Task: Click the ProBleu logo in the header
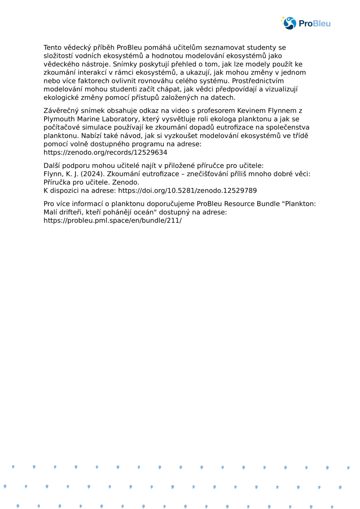(x=306, y=23)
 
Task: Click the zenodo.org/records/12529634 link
(x=105, y=152)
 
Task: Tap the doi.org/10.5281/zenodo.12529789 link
(x=187, y=190)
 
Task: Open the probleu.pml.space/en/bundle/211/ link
(x=112, y=220)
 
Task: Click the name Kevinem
(x=252, y=110)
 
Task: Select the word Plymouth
(x=59, y=119)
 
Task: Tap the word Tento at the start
(x=53, y=47)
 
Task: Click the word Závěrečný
(x=61, y=110)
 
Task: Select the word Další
(x=52, y=165)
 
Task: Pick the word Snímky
(x=125, y=64)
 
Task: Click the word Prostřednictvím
(x=258, y=81)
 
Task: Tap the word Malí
(x=50, y=212)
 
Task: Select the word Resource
(x=239, y=204)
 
